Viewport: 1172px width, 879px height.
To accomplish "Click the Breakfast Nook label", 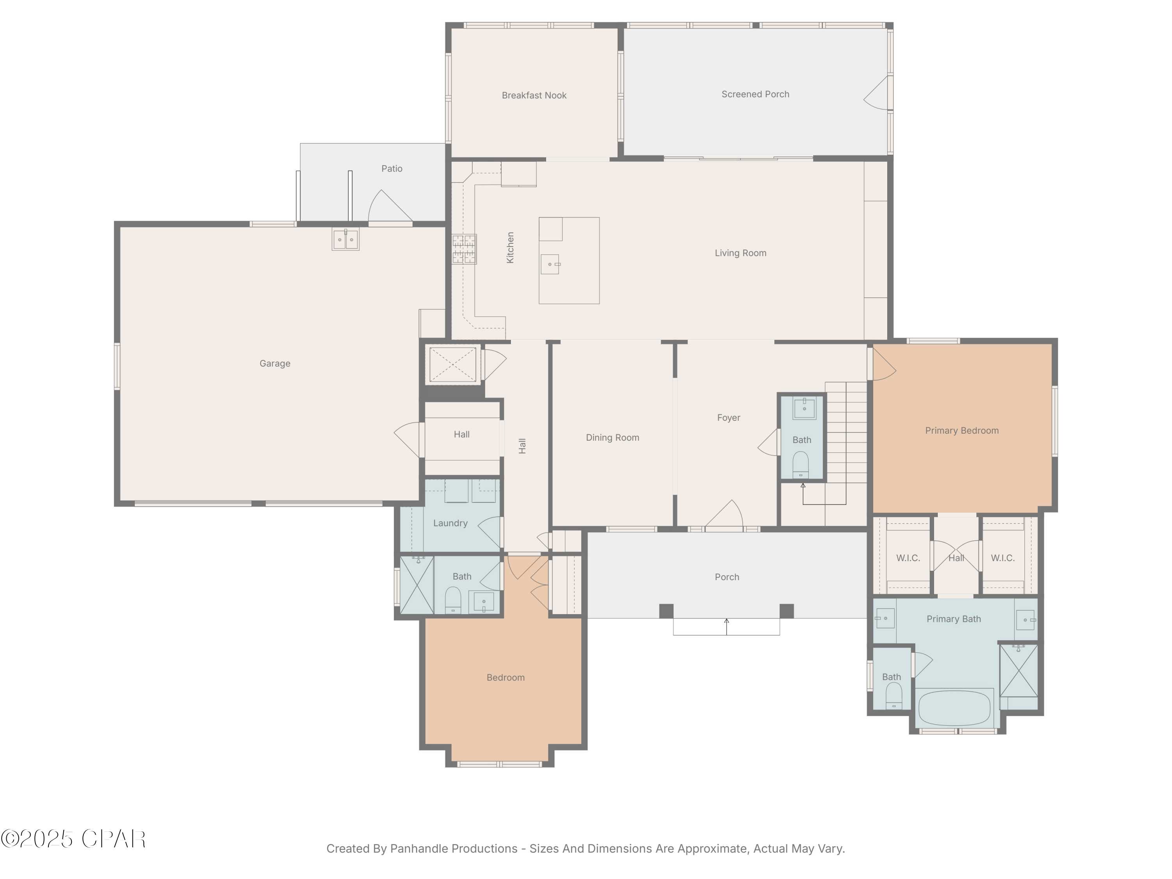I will pos(534,95).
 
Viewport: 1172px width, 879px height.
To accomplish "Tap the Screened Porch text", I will pos(755,94).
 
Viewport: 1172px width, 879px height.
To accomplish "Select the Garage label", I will pos(275,363).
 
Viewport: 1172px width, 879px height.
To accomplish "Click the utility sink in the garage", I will pos(345,239).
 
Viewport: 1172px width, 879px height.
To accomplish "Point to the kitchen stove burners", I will pos(464,249).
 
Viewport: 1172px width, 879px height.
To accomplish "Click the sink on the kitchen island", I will pos(550,264).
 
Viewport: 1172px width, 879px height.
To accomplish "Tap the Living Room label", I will pos(740,253).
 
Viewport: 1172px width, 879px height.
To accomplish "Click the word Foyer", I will pos(729,418).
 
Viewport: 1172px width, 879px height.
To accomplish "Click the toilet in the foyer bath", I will pos(800,464).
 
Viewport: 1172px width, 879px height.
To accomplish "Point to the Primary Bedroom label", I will pos(962,431).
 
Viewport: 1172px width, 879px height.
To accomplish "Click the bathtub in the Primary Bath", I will pos(954,708).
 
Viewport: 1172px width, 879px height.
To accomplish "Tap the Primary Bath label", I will pos(954,619).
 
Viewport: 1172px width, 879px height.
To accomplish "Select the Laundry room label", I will pos(450,523).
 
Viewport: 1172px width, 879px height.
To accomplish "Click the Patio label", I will pos(391,168).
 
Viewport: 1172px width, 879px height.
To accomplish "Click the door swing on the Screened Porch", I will pos(877,94).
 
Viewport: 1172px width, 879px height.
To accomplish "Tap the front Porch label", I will pos(726,577).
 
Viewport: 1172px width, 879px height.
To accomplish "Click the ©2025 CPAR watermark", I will pos(73,839).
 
